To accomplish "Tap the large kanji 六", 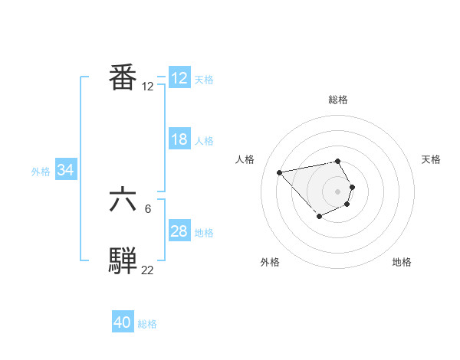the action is [123, 200].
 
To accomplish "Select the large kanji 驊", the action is [123, 260].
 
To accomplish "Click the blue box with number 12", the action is [179, 78].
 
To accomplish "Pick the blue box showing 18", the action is [179, 139].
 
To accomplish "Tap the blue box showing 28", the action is [179, 231].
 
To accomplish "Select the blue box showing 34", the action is [66, 170].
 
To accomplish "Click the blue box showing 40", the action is [123, 322].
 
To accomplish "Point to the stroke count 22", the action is [147, 270].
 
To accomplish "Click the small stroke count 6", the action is [148, 208].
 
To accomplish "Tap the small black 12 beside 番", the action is [147, 87].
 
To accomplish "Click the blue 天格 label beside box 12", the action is [204, 80].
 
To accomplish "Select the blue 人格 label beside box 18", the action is [204, 141].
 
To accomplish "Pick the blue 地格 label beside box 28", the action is [204, 233].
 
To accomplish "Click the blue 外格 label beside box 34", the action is [41, 172].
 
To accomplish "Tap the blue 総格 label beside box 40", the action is [147, 324].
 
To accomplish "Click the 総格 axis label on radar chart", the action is [338, 100].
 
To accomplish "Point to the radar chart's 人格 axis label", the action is [245, 159].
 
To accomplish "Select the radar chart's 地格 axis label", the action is [402, 262].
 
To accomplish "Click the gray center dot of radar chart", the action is [338, 191].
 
